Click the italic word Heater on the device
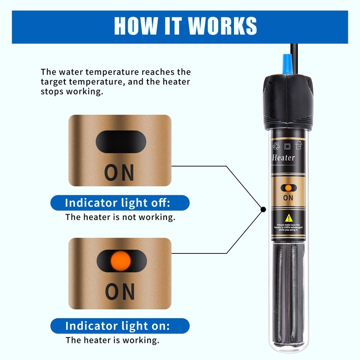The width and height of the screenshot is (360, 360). (x=283, y=157)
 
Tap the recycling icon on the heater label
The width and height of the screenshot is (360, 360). (x=276, y=145)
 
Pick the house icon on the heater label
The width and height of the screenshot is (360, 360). (x=298, y=145)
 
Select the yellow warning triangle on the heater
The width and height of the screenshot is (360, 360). (x=288, y=217)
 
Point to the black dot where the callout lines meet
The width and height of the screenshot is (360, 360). (x=262, y=209)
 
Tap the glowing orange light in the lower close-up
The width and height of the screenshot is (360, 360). (x=120, y=260)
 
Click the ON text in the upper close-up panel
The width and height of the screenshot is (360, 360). (x=119, y=172)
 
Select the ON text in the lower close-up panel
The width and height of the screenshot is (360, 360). (x=119, y=292)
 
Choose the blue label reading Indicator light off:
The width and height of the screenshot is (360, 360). (x=118, y=202)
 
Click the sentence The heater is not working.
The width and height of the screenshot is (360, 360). (x=120, y=217)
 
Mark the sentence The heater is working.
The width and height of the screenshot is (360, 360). (x=112, y=340)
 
